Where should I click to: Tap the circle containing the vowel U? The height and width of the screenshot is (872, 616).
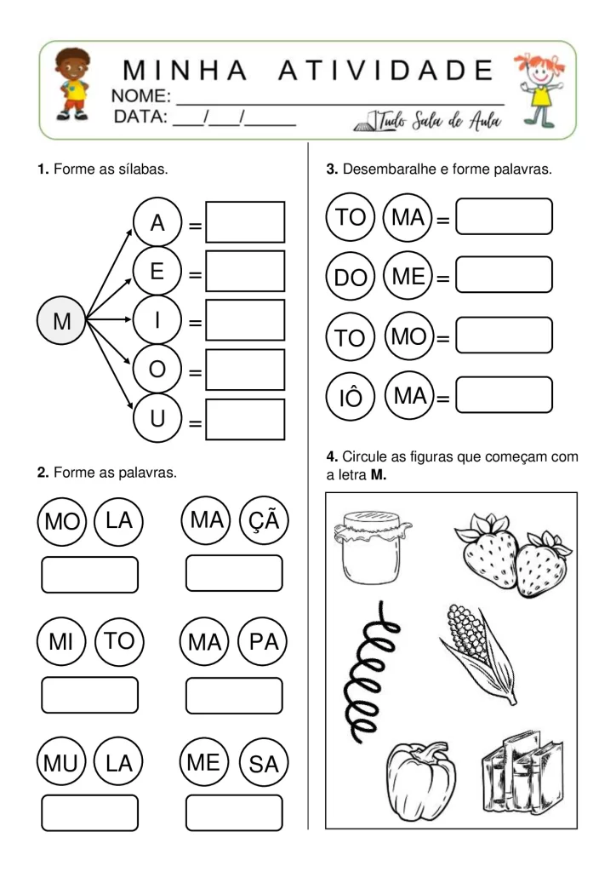[157, 419]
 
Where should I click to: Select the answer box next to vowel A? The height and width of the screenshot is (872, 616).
[245, 222]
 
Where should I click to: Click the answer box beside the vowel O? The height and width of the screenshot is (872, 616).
[245, 370]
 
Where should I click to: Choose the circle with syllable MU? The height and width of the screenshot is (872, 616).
[60, 763]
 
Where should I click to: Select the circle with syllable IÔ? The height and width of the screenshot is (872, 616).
[350, 398]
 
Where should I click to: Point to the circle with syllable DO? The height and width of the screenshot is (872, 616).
[350, 278]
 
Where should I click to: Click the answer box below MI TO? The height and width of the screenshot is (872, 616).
[89, 695]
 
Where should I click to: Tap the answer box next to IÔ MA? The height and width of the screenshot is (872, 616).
[505, 395]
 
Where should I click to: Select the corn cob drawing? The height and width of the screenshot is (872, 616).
[480, 651]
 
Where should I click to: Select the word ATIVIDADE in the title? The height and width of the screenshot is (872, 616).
[386, 69]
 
